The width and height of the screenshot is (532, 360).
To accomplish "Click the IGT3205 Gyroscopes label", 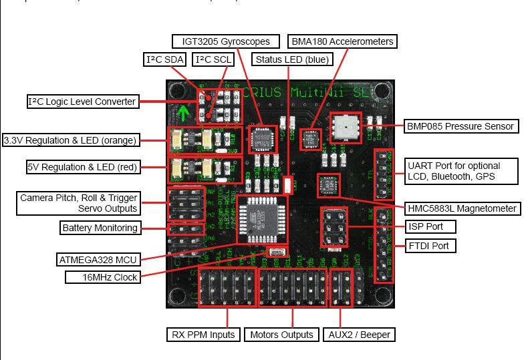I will (x=226, y=41).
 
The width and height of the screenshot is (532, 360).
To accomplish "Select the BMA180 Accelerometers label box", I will (x=342, y=41).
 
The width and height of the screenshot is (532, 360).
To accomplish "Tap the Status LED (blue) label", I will (x=292, y=59).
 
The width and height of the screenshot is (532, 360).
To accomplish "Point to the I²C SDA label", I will (x=165, y=59).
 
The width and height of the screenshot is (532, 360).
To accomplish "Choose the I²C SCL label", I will (x=213, y=59).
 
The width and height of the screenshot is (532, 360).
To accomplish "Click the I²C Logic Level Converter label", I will (x=82, y=102).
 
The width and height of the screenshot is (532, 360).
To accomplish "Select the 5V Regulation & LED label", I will (x=82, y=167).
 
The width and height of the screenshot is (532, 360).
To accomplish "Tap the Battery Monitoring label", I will (x=100, y=228).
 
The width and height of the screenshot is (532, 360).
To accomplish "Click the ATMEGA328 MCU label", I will (x=98, y=259).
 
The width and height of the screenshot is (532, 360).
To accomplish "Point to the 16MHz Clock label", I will (x=102, y=277).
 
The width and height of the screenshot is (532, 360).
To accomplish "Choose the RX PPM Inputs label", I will (x=202, y=335).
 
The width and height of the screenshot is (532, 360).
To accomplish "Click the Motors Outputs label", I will (x=281, y=335).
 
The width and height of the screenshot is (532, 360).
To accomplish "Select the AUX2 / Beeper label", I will (x=360, y=335).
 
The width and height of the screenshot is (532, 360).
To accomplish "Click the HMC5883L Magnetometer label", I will (x=462, y=208).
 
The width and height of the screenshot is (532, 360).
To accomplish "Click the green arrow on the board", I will (x=183, y=112).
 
